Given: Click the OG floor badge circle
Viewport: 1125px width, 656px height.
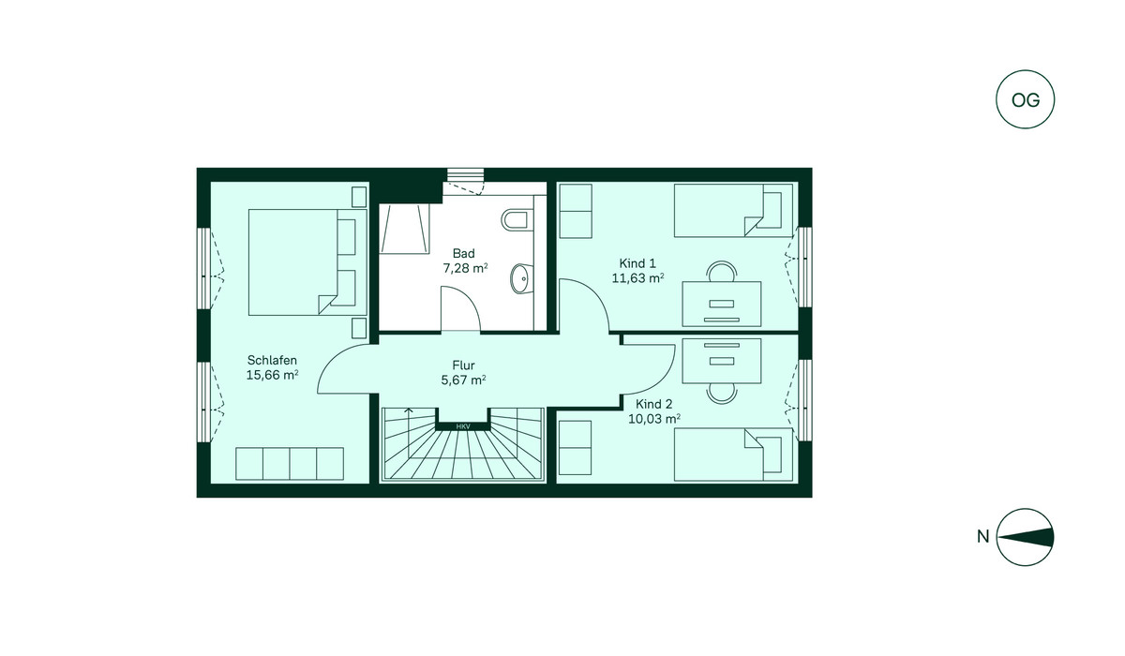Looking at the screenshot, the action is (1025, 99).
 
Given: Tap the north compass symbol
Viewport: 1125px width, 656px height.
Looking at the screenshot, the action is (1025, 537).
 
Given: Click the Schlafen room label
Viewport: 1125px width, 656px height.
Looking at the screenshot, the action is (272, 360).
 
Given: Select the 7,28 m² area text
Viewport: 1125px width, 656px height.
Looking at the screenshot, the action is (465, 268).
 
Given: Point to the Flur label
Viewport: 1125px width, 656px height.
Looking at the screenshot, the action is (463, 365).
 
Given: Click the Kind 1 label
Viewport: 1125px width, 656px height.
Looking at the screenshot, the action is (637, 263).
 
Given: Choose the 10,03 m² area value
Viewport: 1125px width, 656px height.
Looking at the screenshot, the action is (654, 419).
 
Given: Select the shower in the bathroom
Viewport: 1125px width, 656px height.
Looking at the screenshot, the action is (404, 229).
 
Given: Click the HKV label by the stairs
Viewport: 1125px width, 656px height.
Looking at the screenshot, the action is (463, 426).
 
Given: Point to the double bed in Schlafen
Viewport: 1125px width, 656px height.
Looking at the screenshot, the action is (307, 262).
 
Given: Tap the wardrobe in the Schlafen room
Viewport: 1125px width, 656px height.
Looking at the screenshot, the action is (290, 464).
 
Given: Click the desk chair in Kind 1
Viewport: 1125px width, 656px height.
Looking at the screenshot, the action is (722, 272).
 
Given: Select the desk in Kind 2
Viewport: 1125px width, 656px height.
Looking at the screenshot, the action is (722, 361).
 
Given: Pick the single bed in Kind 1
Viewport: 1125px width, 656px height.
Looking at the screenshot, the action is (733, 210).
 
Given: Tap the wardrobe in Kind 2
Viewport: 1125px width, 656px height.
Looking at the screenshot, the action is (575, 448).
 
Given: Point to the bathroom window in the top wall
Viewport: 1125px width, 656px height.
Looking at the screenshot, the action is (466, 174).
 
